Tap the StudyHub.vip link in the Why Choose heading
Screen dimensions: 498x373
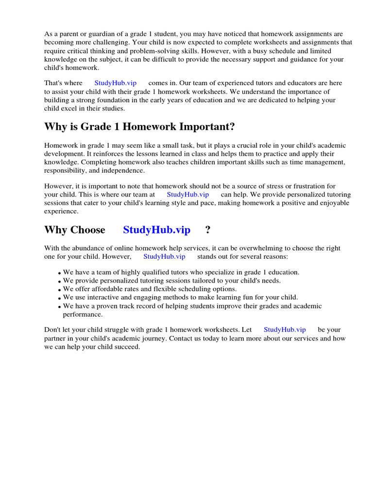pyautogui.click(x=156, y=230)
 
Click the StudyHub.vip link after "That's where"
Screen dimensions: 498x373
pyautogui.click(x=115, y=83)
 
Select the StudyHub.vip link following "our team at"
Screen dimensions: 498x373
pyautogui.click(x=187, y=195)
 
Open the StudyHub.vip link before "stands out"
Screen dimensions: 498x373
pyautogui.click(x=164, y=256)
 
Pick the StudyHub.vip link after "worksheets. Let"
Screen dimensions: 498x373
pyautogui.click(x=285, y=329)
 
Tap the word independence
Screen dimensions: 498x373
pyautogui.click(x=124, y=171)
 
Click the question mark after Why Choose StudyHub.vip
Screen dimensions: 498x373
pyautogui.click(x=208, y=230)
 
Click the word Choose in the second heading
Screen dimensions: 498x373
pyautogui.click(x=88, y=230)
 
